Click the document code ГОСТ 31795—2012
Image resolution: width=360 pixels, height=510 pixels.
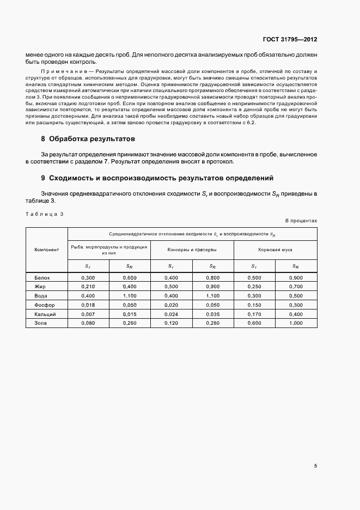pos(290,40)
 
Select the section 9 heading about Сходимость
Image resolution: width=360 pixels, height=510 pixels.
pos(158,178)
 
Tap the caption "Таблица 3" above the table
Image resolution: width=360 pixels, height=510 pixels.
pos(45,214)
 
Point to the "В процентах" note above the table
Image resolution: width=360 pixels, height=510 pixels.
pos(301,221)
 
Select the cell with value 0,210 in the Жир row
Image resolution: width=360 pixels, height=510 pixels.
pos(88,287)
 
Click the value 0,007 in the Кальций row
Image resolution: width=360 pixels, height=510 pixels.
pos(88,314)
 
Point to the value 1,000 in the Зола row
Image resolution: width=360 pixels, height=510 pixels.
pos(296,324)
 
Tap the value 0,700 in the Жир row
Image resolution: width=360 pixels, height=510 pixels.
pos(296,287)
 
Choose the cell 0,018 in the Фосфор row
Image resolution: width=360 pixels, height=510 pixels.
pos(88,305)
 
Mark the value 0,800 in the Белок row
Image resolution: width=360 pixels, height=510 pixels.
pos(213,278)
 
